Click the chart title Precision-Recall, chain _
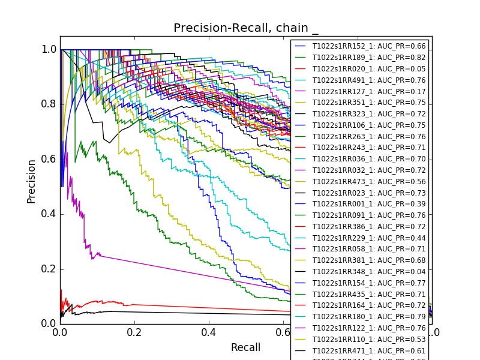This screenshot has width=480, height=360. (x=246, y=28)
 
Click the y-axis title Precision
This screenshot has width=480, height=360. (x=31, y=181)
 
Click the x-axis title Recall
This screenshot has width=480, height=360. (x=245, y=348)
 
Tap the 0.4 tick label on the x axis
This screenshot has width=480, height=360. (x=209, y=332)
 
